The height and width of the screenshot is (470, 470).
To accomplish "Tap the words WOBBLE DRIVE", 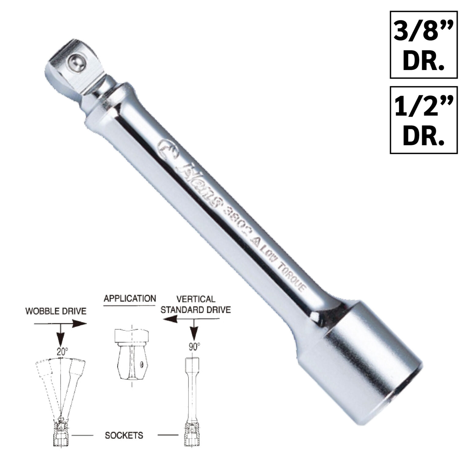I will point(56,311).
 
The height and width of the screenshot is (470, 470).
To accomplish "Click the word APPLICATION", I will point(130,298).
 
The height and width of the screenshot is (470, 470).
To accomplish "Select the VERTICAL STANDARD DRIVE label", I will point(196,304).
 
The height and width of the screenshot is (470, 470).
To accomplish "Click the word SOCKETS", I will point(124,435).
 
